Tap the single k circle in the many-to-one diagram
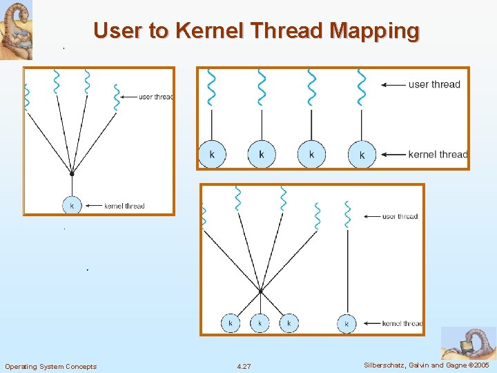coord(72,205)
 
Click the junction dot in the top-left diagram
coord(72,174)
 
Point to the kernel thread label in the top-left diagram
coord(124,206)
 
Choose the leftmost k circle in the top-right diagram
coord(212,154)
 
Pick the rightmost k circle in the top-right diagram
coord(362,155)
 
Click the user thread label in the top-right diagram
coord(434,84)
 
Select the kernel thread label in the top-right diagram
coord(438,155)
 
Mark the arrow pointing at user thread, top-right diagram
coord(393,85)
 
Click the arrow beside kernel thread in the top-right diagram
coord(393,155)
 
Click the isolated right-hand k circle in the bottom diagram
coord(347,323)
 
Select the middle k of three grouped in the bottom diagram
coord(260,323)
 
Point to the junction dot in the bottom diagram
coord(260,291)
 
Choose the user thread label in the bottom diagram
coord(400,216)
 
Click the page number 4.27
coord(244,365)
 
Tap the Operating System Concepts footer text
coord(51,365)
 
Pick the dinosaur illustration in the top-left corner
coord(16,30)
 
